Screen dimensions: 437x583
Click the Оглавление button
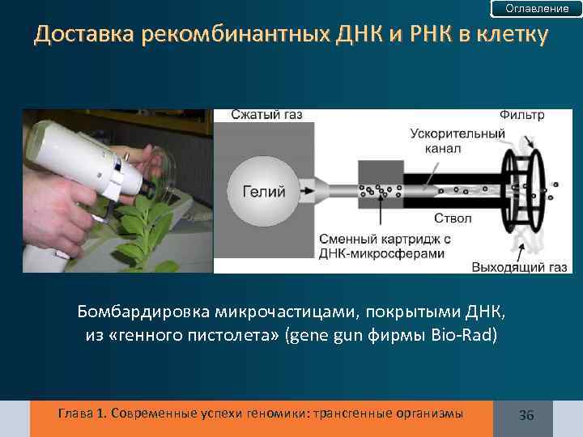pos(537,9)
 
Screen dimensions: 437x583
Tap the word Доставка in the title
pos(84,36)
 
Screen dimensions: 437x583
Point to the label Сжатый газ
pos(266,115)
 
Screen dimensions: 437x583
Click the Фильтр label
pos(522,115)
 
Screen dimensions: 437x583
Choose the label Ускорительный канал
pos(457,141)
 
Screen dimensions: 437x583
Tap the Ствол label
pos(451,218)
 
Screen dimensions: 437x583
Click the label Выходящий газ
pos(509,265)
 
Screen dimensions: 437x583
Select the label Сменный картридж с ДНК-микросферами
pos(384,247)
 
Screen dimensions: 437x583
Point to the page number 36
pos(526,415)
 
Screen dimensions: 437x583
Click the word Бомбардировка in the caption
pos(144,312)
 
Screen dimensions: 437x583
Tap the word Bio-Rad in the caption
pos(469,335)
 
